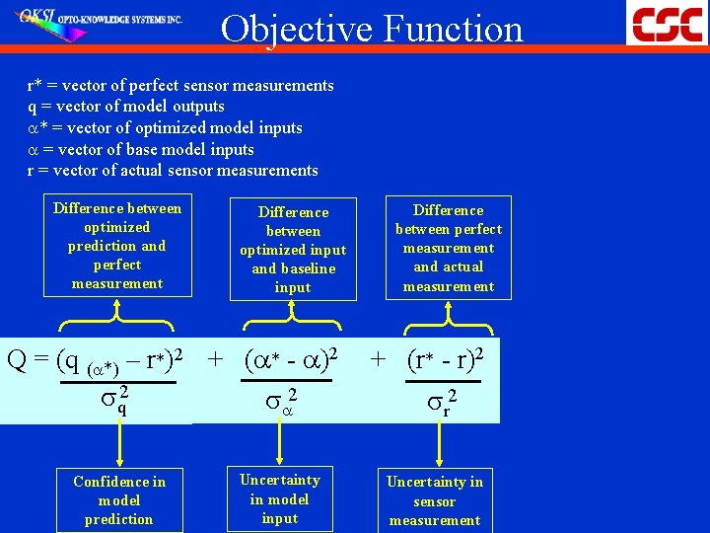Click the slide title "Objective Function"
(x=372, y=30)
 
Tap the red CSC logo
(x=668, y=23)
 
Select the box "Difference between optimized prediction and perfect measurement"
(x=117, y=246)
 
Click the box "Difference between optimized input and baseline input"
(x=293, y=249)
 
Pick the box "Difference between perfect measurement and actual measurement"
(x=448, y=248)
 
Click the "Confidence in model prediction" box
(x=119, y=499)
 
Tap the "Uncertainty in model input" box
(x=280, y=498)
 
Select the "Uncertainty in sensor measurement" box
(x=435, y=500)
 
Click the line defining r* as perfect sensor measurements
(x=180, y=86)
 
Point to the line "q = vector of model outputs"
(x=126, y=107)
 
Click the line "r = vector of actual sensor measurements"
(x=173, y=171)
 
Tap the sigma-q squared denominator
(x=115, y=400)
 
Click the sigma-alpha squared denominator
(x=280, y=401)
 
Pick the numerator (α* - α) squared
(x=293, y=360)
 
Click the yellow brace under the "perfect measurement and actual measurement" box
(x=448, y=315)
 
